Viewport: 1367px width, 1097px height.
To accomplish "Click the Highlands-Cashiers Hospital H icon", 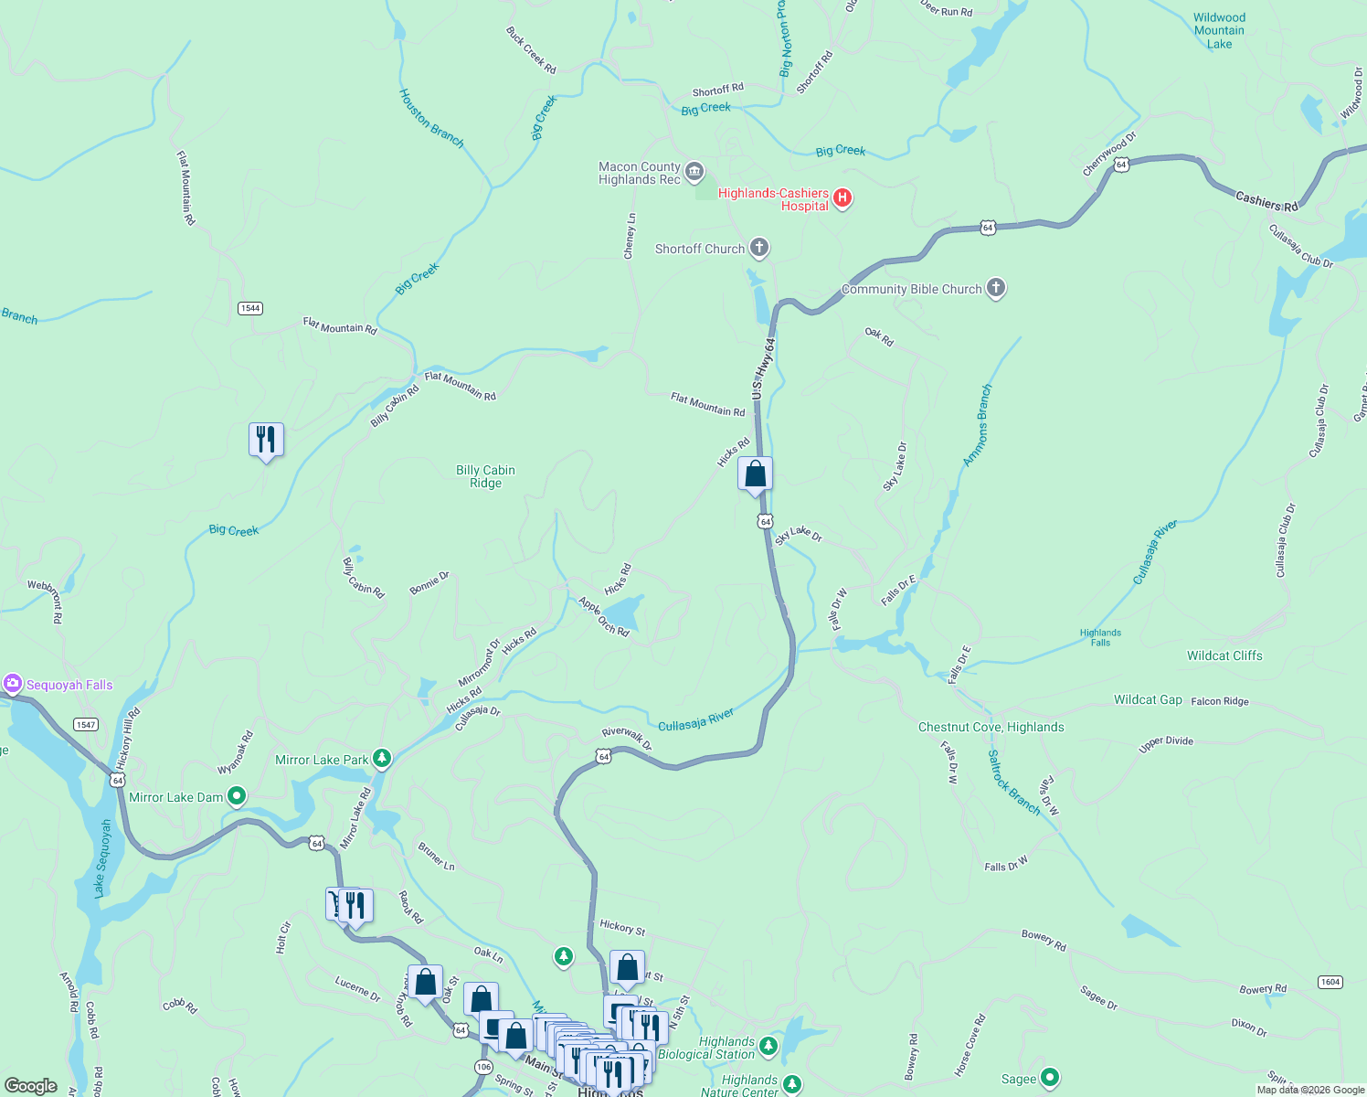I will pyautogui.click(x=842, y=198).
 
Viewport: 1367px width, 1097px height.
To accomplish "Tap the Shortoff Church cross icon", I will pyautogui.click(x=759, y=248).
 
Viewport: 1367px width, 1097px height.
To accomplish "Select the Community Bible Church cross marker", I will pyautogui.click(x=996, y=288).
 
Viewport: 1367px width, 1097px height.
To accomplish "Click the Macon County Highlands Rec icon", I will pyautogui.click(x=694, y=172).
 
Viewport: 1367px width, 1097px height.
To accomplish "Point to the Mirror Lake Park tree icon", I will pyautogui.click(x=382, y=759).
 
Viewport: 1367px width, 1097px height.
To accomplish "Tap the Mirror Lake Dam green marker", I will pyautogui.click(x=237, y=796).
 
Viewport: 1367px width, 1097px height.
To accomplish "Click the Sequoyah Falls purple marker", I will pyautogui.click(x=13, y=684).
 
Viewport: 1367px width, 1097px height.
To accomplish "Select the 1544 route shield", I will pyautogui.click(x=250, y=308).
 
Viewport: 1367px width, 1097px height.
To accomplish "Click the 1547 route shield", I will pyautogui.click(x=86, y=724).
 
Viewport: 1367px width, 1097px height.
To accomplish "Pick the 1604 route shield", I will pyautogui.click(x=1330, y=982).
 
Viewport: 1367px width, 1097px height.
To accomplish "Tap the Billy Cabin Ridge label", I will pyautogui.click(x=485, y=476).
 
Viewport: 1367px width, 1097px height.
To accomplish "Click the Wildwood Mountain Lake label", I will pyautogui.click(x=1219, y=30).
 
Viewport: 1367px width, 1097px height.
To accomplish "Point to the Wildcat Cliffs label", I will pyautogui.click(x=1224, y=655).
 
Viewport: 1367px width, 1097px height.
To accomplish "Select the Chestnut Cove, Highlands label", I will pyautogui.click(x=991, y=727).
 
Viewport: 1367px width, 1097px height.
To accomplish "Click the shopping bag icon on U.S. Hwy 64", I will pyautogui.click(x=755, y=474).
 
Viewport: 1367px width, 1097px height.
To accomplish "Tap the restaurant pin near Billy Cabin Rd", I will pyautogui.click(x=266, y=440).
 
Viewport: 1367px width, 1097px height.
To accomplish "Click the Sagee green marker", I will pyautogui.click(x=1050, y=1079).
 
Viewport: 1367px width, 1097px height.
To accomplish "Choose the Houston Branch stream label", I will pyautogui.click(x=431, y=118).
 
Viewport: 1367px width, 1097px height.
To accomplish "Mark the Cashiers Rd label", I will pyautogui.click(x=1266, y=201).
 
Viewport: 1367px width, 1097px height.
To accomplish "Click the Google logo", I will pyautogui.click(x=31, y=1085).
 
